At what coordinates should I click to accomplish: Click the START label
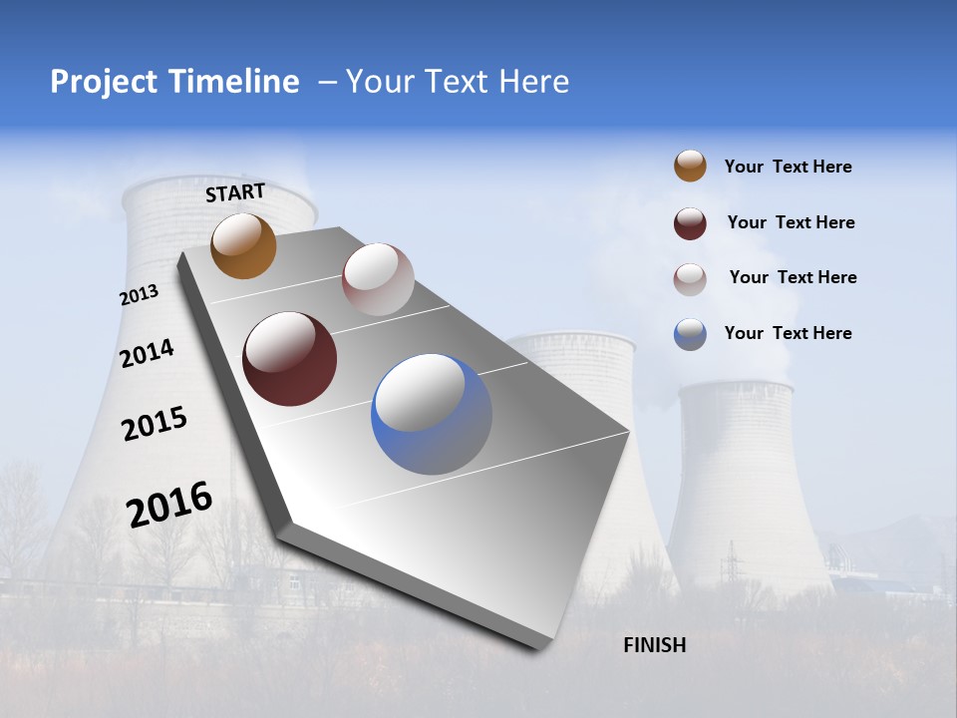(x=235, y=192)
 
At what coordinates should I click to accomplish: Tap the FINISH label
(x=654, y=645)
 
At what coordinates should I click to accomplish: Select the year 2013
(x=140, y=295)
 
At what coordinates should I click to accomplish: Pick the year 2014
(x=147, y=353)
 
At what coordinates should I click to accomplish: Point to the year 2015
(x=154, y=423)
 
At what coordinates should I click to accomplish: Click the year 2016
(x=169, y=504)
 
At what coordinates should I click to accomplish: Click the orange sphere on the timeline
(x=243, y=245)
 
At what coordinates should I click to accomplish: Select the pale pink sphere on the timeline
(x=378, y=279)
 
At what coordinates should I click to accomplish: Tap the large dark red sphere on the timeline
(x=290, y=359)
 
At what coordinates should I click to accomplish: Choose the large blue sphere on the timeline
(x=432, y=414)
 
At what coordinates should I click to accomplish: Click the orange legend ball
(x=690, y=167)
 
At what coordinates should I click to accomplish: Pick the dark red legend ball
(x=690, y=223)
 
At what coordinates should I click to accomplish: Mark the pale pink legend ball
(x=690, y=278)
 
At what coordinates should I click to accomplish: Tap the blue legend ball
(x=690, y=334)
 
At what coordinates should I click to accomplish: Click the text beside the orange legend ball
(x=788, y=167)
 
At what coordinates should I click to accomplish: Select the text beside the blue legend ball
(x=788, y=333)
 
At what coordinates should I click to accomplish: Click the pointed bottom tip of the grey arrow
(x=543, y=645)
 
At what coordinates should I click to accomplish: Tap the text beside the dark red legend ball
(x=791, y=222)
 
